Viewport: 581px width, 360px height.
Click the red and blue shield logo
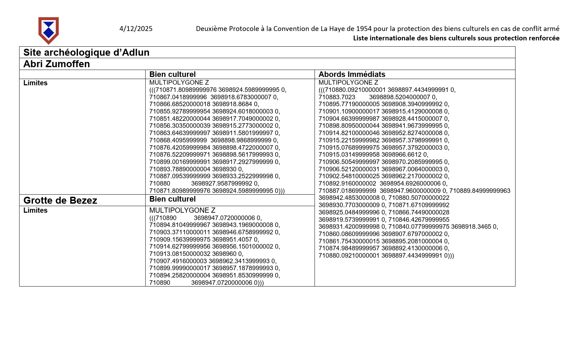48,30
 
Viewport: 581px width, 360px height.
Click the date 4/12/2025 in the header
136,29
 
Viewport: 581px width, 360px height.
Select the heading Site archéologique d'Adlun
86,53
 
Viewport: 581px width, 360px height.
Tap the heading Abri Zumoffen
56,64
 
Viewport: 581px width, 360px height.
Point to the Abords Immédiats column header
352,75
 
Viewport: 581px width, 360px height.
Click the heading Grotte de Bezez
60,201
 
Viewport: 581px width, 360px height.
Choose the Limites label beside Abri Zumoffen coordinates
35,83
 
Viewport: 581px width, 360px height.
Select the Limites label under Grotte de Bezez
35,211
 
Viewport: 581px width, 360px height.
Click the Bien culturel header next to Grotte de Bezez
172,199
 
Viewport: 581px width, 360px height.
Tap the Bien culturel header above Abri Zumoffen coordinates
172,75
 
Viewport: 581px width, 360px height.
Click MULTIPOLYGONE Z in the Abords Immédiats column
348,83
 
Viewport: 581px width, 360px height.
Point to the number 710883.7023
337,97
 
